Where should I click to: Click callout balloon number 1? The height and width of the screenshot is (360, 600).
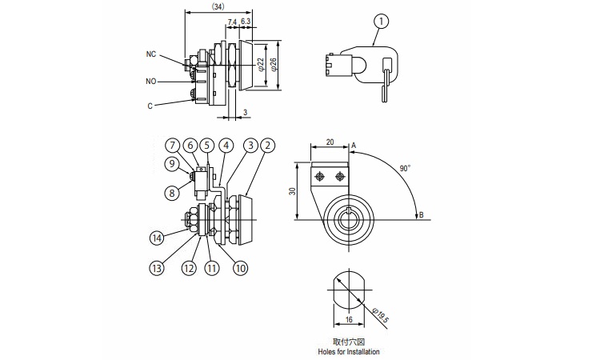[x=381, y=22]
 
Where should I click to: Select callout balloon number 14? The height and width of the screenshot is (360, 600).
[x=157, y=238]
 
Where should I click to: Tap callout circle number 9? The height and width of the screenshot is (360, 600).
[x=172, y=164]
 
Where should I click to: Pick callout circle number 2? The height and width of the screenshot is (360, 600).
[x=267, y=146]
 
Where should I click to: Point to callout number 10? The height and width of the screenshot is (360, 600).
[x=240, y=268]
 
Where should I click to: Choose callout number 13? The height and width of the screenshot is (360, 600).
[x=157, y=268]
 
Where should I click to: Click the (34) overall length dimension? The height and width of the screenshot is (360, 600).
[x=218, y=6]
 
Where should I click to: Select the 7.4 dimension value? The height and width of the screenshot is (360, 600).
[x=232, y=22]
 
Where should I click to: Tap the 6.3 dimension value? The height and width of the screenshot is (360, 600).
[x=246, y=22]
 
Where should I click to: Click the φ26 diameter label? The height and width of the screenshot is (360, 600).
[x=273, y=64]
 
